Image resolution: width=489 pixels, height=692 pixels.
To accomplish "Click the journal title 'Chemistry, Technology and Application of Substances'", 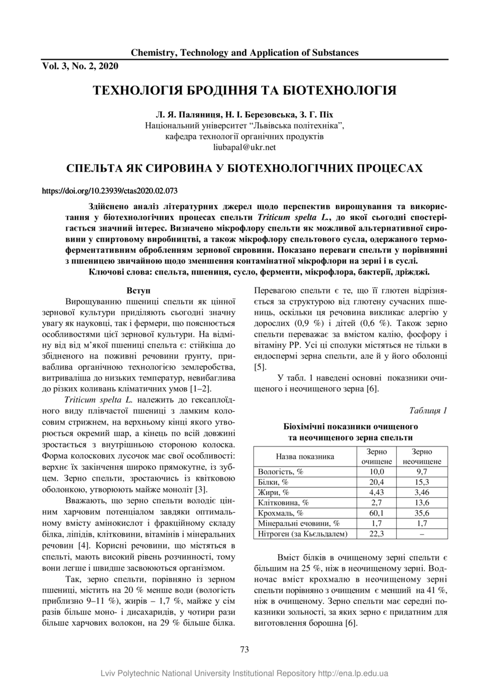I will click(244, 53).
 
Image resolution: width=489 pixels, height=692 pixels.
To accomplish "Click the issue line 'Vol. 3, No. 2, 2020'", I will click(80, 66).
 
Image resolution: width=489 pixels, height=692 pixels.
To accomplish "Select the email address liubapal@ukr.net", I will click(244, 148).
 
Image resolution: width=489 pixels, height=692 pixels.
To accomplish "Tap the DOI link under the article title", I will click(110, 191).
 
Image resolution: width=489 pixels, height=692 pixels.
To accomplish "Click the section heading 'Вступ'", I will click(138, 291).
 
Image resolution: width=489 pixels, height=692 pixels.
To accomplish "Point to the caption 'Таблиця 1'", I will click(428, 411).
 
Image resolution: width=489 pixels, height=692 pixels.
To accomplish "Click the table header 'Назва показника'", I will click(305, 456).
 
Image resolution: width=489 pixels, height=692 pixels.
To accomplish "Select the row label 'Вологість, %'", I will click(281, 472).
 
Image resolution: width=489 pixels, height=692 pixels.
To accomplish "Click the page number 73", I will click(244, 649).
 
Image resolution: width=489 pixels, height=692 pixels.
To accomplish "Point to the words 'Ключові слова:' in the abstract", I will click(117, 272).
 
